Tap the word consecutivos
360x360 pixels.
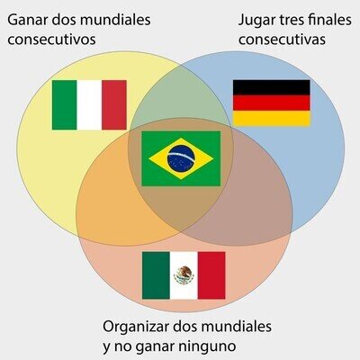pyautogui.click(x=51, y=40)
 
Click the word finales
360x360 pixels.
pyautogui.click(x=329, y=20)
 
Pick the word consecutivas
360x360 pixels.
pyautogui.click(x=282, y=40)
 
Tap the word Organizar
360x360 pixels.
pyautogui.click(x=136, y=327)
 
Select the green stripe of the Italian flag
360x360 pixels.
pyautogui.click(x=64, y=105)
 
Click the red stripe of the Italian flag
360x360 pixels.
pyautogui.click(x=114, y=105)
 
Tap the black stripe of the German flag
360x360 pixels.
pyautogui.click(x=272, y=87)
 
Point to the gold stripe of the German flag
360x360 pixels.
pyautogui.click(x=272, y=118)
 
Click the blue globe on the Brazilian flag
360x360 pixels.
pyautogui.click(x=181, y=158)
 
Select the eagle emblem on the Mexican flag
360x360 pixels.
pyautogui.click(x=184, y=275)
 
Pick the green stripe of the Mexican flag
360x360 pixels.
pyautogui.click(x=156, y=275)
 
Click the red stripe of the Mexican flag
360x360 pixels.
pyautogui.click(x=211, y=275)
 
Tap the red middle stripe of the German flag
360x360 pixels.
pyautogui.click(x=272, y=103)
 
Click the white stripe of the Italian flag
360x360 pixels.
pyautogui.click(x=89, y=105)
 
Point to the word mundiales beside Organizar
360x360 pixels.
pyautogui.click(x=237, y=326)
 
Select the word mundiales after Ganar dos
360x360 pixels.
pyautogui.click(x=115, y=21)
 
